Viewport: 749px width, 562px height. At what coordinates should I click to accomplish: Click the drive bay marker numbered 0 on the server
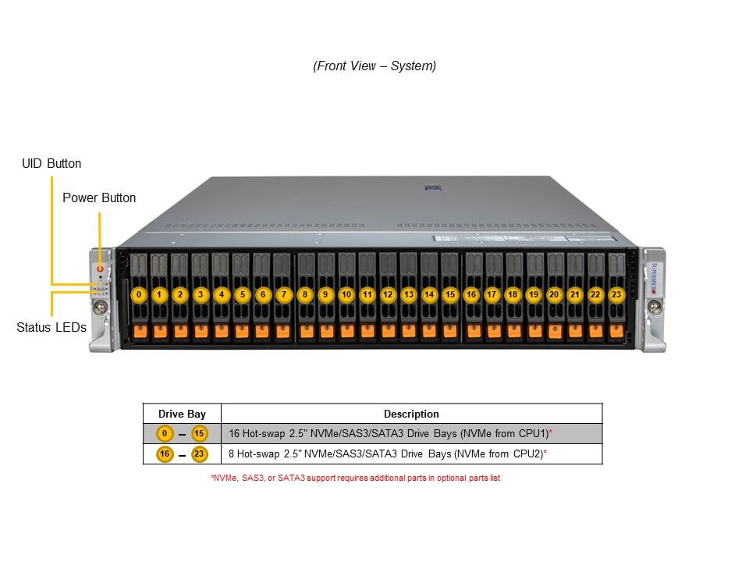[x=139, y=294]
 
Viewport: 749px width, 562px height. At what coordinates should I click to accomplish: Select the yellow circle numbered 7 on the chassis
[x=283, y=294]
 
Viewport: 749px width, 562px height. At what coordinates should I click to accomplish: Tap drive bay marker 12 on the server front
[x=388, y=294]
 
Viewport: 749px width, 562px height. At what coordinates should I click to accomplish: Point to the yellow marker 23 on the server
[x=616, y=294]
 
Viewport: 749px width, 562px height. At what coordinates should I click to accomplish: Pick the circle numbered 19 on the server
[x=533, y=294]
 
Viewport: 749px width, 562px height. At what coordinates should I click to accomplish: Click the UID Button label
[x=51, y=164]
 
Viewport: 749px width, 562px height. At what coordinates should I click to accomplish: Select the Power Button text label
[x=99, y=198]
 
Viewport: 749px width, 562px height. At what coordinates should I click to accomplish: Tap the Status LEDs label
[x=51, y=328]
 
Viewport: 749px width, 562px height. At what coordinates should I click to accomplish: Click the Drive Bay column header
[x=182, y=414]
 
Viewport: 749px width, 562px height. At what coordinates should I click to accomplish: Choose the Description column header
[x=411, y=414]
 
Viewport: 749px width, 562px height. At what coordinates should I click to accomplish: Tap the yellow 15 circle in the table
[x=199, y=433]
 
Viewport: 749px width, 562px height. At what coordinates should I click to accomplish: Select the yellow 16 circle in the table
[x=165, y=454]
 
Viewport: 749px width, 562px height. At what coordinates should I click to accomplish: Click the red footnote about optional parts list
[x=355, y=478]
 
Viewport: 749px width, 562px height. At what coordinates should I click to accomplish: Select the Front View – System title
[x=374, y=66]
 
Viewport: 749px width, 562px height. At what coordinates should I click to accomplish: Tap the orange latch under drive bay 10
[x=346, y=332]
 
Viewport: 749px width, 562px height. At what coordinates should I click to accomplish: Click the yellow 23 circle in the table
[x=199, y=454]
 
